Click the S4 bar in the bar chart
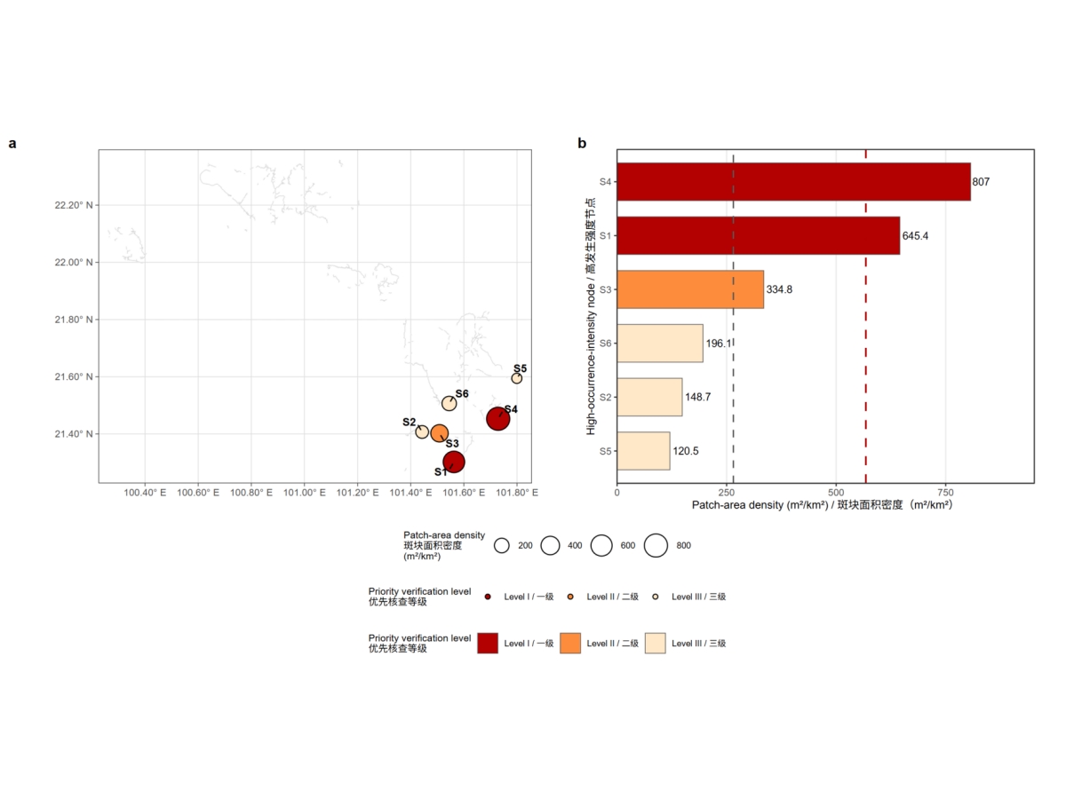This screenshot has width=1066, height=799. pyautogui.click(x=793, y=181)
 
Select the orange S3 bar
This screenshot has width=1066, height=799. pyautogui.click(x=690, y=289)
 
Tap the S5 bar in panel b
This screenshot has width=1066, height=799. pyautogui.click(x=643, y=451)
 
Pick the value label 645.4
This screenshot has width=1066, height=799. pyautogui.click(x=915, y=236)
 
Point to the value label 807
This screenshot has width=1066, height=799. pyautogui.click(x=981, y=182)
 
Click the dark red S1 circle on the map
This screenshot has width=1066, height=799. pyautogui.click(x=454, y=462)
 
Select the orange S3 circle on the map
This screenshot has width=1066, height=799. pyautogui.click(x=439, y=433)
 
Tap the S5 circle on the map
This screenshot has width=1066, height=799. pyautogui.click(x=517, y=378)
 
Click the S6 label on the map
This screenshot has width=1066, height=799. pyautogui.click(x=462, y=393)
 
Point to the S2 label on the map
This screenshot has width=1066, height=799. pyautogui.click(x=409, y=422)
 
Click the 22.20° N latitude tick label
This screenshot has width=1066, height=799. pyautogui.click(x=74, y=205)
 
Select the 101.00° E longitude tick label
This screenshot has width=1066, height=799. pyautogui.click(x=305, y=493)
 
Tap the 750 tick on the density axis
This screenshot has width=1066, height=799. pyautogui.click(x=945, y=493)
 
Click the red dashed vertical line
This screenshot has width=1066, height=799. pyautogui.click(x=866, y=316)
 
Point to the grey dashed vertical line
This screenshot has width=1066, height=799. pyautogui.click(x=734, y=316)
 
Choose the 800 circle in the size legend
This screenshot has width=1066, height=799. pyautogui.click(x=656, y=545)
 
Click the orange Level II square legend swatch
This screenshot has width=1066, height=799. pyautogui.click(x=570, y=644)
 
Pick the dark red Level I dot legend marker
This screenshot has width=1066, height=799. pyautogui.click(x=488, y=597)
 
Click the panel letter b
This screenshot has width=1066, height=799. pyautogui.click(x=582, y=143)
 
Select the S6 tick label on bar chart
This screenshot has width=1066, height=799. pyautogui.click(x=605, y=344)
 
